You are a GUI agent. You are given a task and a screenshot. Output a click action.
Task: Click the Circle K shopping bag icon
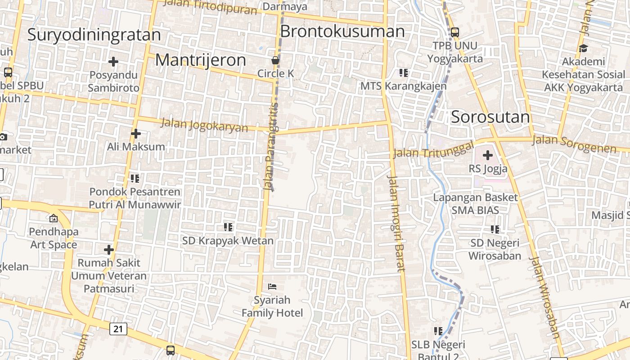(x=275, y=60)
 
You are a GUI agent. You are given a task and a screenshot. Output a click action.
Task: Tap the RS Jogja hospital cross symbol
(x=487, y=156)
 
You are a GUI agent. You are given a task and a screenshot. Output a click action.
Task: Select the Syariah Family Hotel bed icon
(x=272, y=286)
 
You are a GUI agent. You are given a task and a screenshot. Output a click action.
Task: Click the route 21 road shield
(x=118, y=329)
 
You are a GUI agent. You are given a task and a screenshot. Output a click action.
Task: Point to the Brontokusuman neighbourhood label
(x=342, y=31)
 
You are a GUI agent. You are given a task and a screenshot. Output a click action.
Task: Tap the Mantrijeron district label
(x=200, y=60)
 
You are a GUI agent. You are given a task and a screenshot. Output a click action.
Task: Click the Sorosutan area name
(x=490, y=117)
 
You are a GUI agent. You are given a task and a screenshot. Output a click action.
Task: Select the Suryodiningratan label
(x=94, y=35)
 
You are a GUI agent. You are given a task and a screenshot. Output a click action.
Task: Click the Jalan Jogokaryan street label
(x=204, y=125)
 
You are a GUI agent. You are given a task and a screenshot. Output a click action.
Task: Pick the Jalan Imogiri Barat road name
(x=395, y=223)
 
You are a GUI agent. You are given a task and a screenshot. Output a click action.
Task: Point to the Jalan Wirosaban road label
(x=544, y=297)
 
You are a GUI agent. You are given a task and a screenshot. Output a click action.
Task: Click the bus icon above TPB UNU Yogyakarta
(x=454, y=32)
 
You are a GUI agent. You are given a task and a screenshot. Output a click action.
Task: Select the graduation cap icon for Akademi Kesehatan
(x=583, y=48)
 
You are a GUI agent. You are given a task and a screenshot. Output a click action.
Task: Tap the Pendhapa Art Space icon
(x=54, y=218)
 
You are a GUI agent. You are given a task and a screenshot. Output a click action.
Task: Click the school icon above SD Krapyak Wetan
(x=228, y=227)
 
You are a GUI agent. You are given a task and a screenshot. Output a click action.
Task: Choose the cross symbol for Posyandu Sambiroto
(x=113, y=61)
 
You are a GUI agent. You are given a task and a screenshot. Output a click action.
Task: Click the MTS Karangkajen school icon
(x=403, y=72)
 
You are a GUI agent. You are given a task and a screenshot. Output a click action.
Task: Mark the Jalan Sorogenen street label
(x=574, y=144)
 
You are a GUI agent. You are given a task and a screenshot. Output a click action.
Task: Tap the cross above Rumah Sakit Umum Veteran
(x=108, y=249)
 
